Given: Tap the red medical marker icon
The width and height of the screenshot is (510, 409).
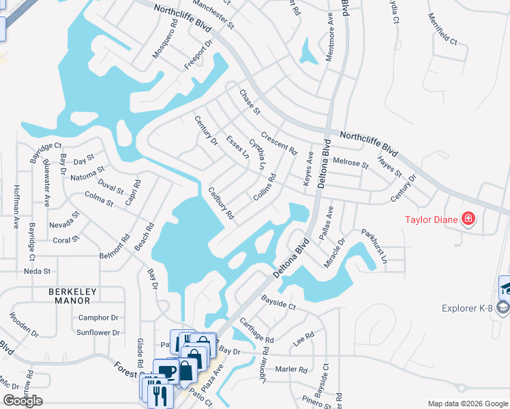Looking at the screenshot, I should coord(468,219).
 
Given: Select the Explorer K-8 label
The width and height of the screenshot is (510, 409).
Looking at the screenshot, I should coord(466,308).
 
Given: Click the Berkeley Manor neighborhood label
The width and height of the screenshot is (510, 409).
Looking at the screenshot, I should coord(73,297).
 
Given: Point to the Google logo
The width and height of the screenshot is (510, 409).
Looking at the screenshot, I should coord(22,401).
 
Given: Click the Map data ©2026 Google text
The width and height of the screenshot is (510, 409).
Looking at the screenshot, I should coord(467,404).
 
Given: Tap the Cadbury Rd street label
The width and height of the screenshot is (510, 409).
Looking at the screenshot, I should coord(222,203).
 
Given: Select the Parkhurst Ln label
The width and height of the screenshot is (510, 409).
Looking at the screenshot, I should coord(374,245).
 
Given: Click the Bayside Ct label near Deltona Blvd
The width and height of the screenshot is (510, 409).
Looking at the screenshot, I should coord(279,303).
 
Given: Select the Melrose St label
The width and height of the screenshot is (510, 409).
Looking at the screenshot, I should coord(351,162).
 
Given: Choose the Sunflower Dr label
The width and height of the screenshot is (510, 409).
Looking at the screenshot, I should coord(98,333).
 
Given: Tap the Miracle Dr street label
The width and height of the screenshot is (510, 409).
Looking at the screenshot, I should coord(335,253).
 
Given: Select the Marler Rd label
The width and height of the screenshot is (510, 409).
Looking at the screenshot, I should coord(292,369).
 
